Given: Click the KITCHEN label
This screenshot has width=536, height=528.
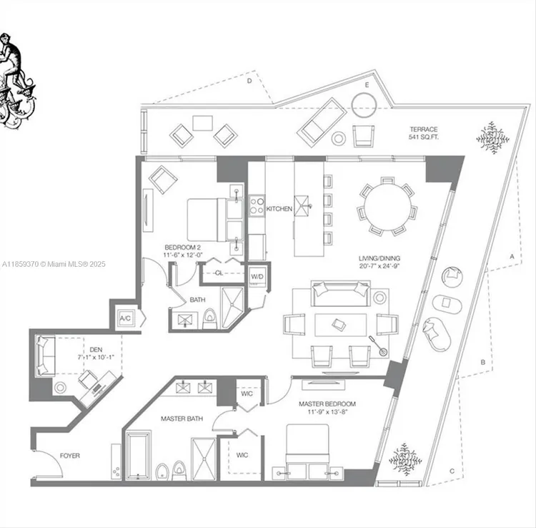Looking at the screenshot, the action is (279, 209).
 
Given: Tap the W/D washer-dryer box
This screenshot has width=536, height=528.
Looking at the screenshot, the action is (257, 277).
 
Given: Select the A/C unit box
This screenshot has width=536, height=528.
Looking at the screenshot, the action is (125, 318).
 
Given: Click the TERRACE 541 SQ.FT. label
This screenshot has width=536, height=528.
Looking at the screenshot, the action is (424, 133).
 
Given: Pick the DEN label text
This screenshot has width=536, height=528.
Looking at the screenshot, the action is (96, 350).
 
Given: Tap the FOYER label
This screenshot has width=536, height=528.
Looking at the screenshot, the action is (70, 456).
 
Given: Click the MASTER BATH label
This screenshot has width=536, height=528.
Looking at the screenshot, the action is (182, 419).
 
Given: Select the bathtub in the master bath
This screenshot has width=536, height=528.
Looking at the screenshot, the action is (139, 456).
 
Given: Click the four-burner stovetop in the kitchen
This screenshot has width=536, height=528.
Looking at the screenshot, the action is (257, 205).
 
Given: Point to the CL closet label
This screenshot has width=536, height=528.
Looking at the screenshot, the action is (219, 273).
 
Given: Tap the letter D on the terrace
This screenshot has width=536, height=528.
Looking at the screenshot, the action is (249, 81).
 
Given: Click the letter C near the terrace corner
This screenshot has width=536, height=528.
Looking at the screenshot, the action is (452, 471).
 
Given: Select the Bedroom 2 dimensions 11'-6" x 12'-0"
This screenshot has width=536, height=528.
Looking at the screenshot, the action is (183, 255).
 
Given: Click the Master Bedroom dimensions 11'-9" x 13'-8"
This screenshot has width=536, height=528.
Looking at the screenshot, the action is (327, 411).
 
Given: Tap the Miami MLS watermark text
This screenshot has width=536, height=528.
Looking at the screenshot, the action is (54, 264).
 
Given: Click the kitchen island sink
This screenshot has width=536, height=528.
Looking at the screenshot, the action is (302, 206).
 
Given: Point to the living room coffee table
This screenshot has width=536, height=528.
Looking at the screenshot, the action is (340, 325).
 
